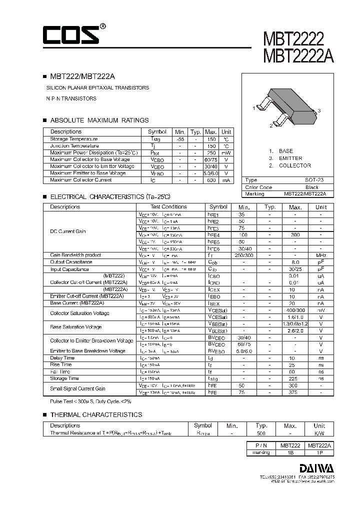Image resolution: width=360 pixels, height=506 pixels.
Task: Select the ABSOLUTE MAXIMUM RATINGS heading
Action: pos(99,120)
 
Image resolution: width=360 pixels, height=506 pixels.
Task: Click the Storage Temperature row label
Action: pos(74,139)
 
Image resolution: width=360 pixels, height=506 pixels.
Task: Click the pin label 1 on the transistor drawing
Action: pos(254,108)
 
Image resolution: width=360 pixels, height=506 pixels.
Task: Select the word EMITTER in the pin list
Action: pos(290,158)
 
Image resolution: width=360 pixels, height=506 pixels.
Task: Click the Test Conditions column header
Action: pos(168,206)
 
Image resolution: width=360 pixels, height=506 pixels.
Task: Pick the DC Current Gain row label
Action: pos(68,231)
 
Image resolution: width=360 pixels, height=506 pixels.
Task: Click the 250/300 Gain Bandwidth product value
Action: pos(244,255)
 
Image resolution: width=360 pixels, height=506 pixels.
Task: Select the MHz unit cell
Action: pos(320,255)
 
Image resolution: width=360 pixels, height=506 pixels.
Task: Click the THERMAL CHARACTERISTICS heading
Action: pos(96,414)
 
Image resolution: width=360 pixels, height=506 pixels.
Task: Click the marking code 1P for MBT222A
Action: pos(319,452)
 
